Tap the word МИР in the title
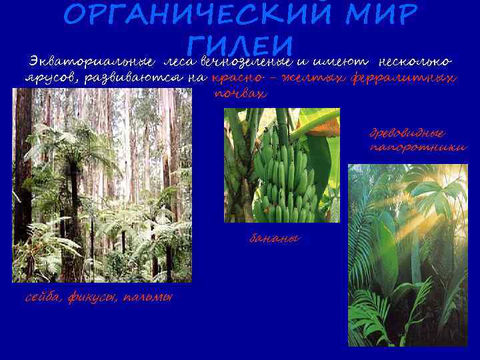click(380, 14)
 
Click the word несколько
click(415, 62)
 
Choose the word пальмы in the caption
click(148, 297)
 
